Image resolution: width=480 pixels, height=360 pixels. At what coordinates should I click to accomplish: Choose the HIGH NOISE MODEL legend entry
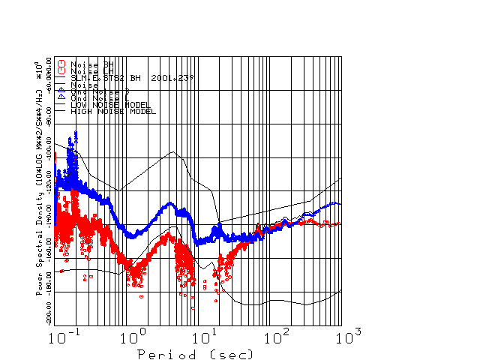point(112,111)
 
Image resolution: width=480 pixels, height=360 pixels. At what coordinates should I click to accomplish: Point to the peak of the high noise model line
point(174,152)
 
